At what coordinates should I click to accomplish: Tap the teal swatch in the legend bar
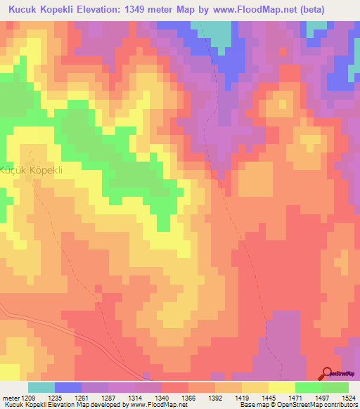pos(41,387)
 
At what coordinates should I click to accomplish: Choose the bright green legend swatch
pos(308,387)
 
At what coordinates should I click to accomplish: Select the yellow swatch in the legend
pos(281,387)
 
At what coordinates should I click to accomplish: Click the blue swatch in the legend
pos(67,387)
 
